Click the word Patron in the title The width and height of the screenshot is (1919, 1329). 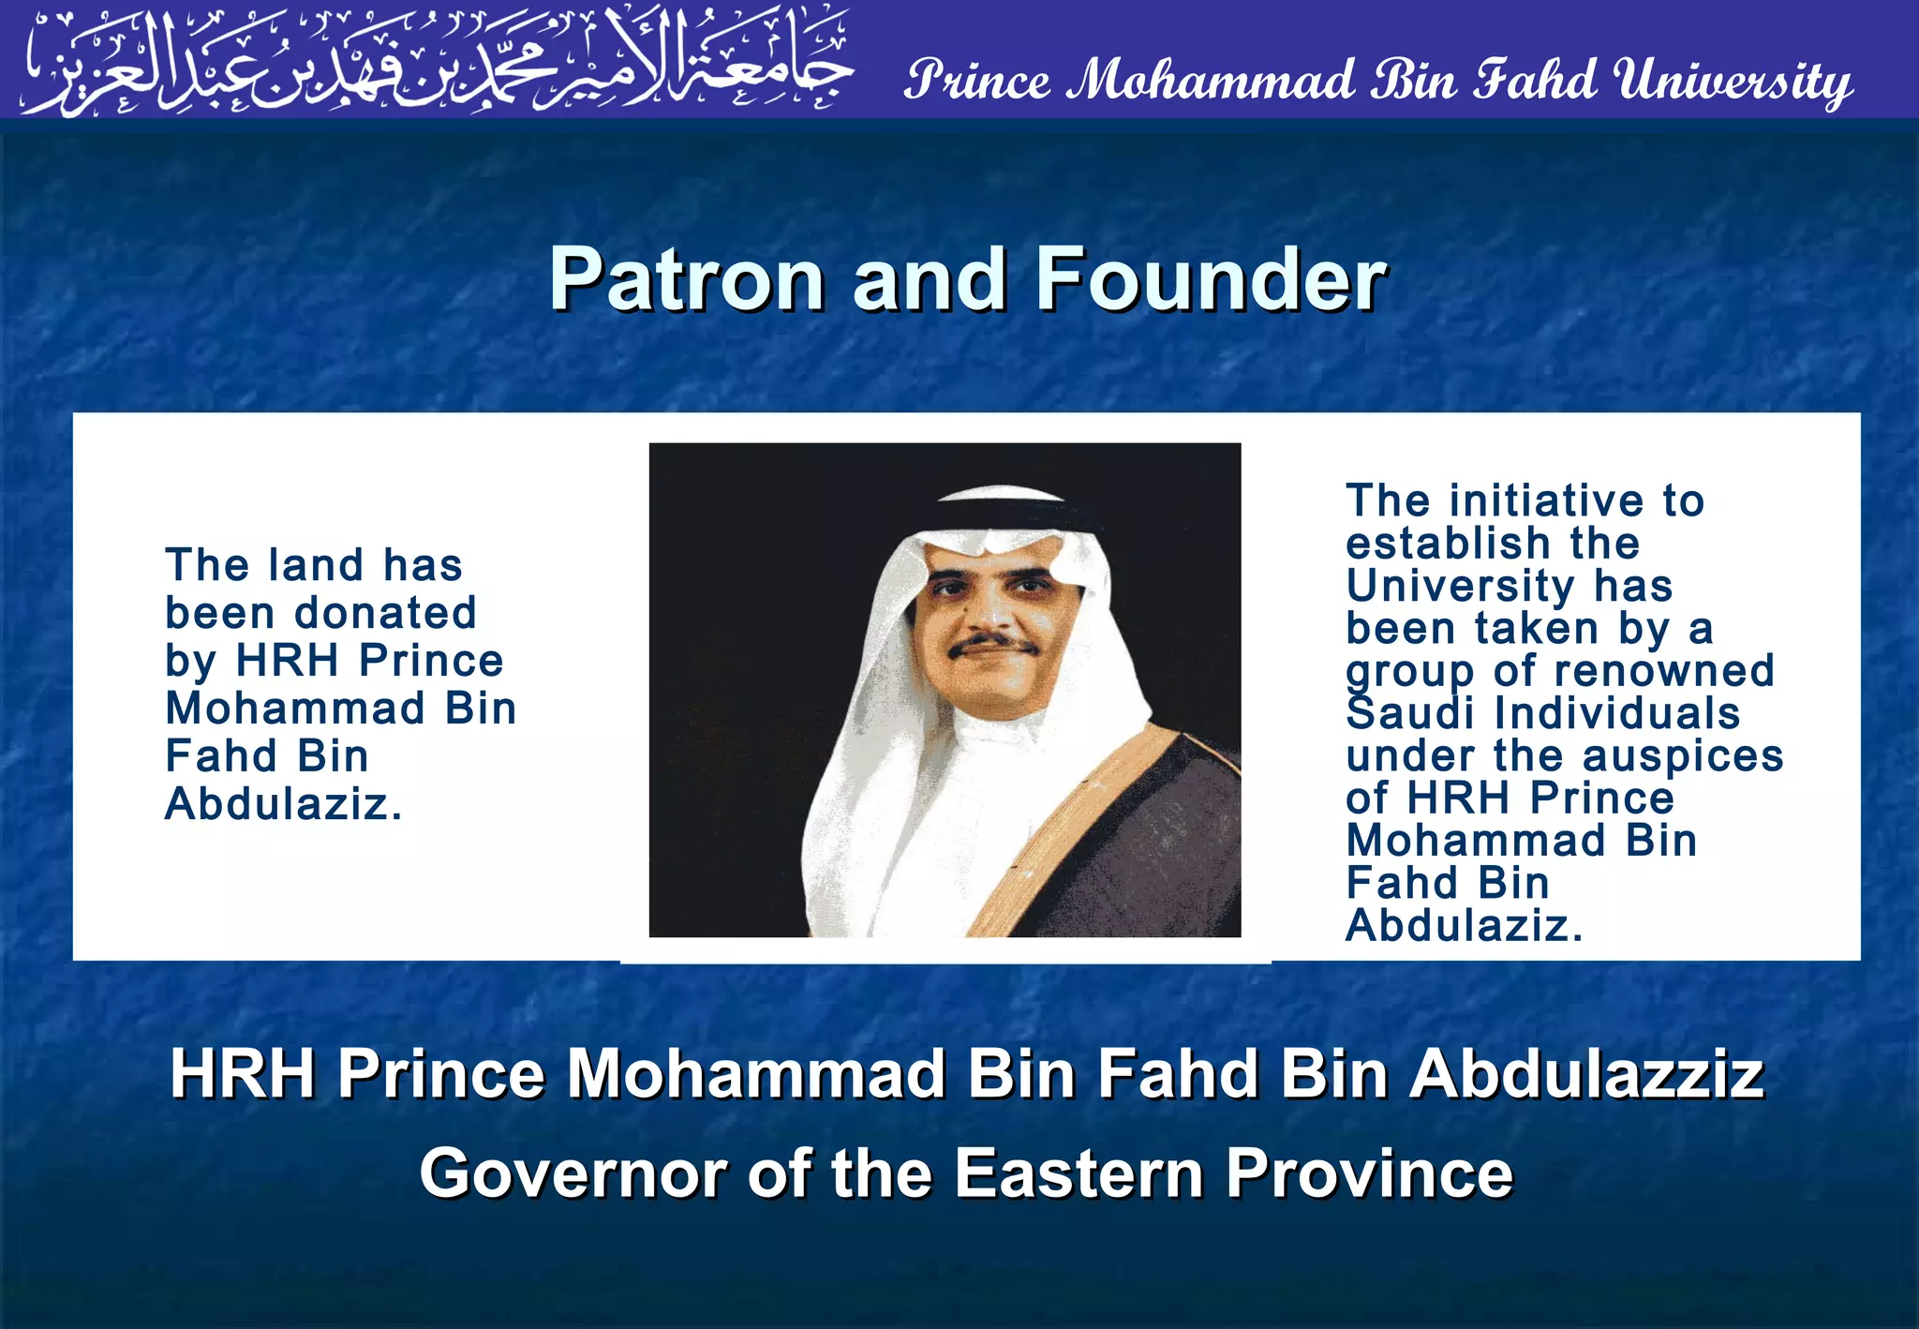coord(686,279)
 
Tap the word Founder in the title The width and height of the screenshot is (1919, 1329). coord(1210,279)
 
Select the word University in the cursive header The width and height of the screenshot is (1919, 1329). coord(1733,81)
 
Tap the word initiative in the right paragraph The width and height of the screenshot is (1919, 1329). coord(1546,501)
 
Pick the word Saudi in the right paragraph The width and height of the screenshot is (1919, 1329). coord(1411,714)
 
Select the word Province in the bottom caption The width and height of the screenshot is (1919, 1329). coord(1369,1173)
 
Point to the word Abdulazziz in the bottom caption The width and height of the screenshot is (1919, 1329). coord(1587,1074)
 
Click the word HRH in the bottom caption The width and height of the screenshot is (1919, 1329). coord(243,1074)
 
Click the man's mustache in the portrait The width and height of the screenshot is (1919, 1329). coord(993,645)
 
